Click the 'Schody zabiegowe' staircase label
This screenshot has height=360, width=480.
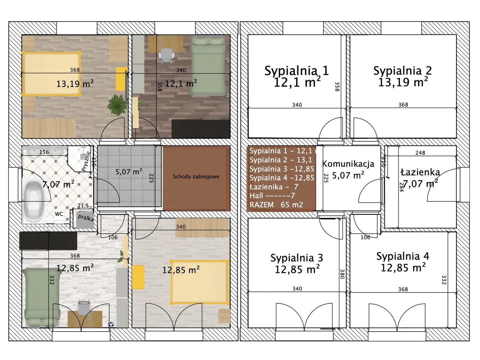[196, 177]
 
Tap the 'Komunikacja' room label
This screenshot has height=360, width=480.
[348, 164]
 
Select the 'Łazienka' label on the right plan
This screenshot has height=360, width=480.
[420, 172]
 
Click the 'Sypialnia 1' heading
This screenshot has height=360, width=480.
[297, 71]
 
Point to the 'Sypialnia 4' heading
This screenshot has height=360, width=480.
[403, 256]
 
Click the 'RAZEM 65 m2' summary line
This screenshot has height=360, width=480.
[276, 205]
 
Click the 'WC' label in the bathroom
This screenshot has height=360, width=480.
[59, 214]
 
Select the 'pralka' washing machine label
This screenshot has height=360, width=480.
[86, 218]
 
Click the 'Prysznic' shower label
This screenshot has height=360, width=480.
[86, 161]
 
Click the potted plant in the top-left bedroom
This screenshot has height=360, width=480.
[117, 105]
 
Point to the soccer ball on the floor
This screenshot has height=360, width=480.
[111, 325]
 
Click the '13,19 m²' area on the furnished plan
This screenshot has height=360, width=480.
[75, 84]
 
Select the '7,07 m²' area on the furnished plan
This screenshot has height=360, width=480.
[58, 184]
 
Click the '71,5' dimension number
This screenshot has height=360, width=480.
[83, 205]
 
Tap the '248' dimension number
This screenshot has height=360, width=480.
[420, 153]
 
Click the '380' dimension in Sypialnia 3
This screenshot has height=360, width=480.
[342, 274]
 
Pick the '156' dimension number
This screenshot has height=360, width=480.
[44, 152]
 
